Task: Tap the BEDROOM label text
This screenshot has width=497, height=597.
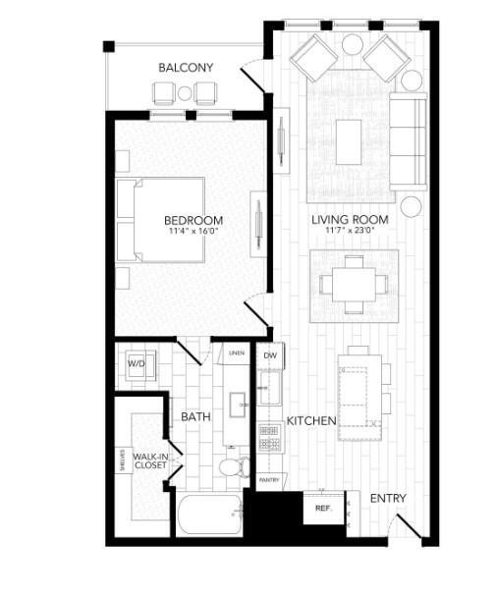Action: (193, 220)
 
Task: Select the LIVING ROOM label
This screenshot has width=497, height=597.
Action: (350, 219)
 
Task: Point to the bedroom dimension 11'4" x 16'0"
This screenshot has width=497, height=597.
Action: (193, 232)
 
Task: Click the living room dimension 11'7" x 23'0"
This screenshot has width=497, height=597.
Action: (350, 231)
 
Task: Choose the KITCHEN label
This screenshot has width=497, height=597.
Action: (311, 420)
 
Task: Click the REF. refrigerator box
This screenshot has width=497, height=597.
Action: (322, 508)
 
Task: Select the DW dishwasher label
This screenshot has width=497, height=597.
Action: (269, 354)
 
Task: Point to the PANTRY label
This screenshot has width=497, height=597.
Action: (269, 480)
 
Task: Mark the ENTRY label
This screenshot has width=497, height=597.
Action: (387, 499)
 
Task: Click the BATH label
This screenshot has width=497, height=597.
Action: (195, 417)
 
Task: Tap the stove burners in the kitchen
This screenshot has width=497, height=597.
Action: (269, 437)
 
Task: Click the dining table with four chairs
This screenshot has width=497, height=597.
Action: (354, 285)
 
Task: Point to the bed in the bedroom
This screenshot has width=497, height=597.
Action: (161, 219)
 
